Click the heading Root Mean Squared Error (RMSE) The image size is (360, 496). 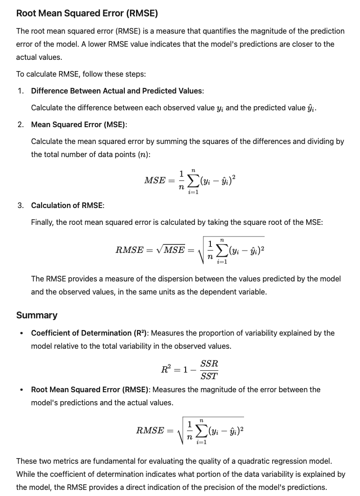click(87, 13)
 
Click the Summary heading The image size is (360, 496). click(37, 315)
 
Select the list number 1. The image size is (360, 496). click(21, 91)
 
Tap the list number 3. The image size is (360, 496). click(21, 206)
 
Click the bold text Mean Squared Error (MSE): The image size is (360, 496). click(79, 124)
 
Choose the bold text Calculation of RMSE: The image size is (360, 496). click(68, 206)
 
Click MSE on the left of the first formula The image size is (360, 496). click(155, 180)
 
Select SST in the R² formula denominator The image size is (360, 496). click(209, 375)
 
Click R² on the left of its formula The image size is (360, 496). click(166, 369)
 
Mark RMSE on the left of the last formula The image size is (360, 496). click(150, 431)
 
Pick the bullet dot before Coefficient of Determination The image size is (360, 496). click(21, 333)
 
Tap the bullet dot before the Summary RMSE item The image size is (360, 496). click(21, 389)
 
